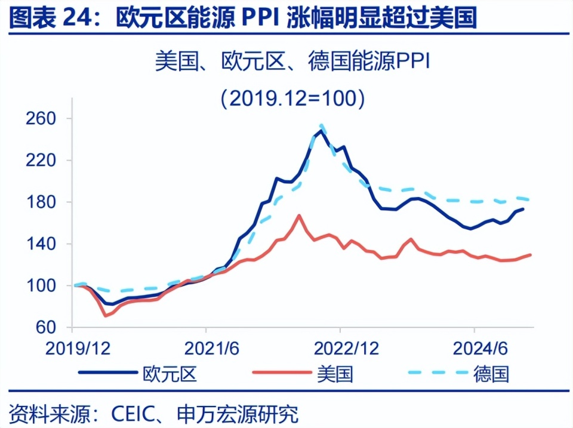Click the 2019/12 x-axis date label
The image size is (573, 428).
[x=72, y=348]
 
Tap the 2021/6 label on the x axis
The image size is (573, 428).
[x=206, y=348]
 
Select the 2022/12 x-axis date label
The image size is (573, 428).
[x=340, y=348]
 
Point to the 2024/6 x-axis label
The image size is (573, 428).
[x=474, y=348]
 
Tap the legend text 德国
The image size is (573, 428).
[x=491, y=374]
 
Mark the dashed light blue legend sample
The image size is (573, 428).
[x=436, y=374]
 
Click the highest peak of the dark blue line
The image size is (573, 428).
[x=321, y=130]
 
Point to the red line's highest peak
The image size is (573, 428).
[x=298, y=215]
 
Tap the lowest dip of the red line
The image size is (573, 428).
[x=106, y=315]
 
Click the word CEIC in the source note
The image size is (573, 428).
[x=130, y=413]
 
